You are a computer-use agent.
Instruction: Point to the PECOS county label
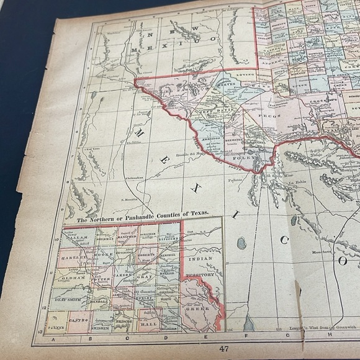(x=273, y=115)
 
